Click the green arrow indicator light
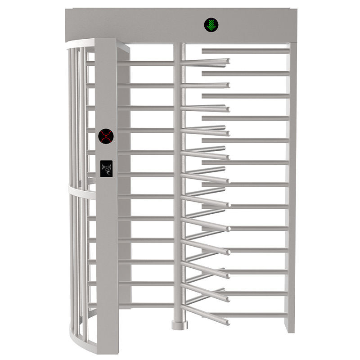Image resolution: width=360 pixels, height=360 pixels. click(x=211, y=25)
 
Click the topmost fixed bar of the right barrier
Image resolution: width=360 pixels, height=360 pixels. click(x=245, y=51)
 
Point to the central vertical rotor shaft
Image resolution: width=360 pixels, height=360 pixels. click(x=179, y=180)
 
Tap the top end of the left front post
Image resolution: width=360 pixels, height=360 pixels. click(x=106, y=41)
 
